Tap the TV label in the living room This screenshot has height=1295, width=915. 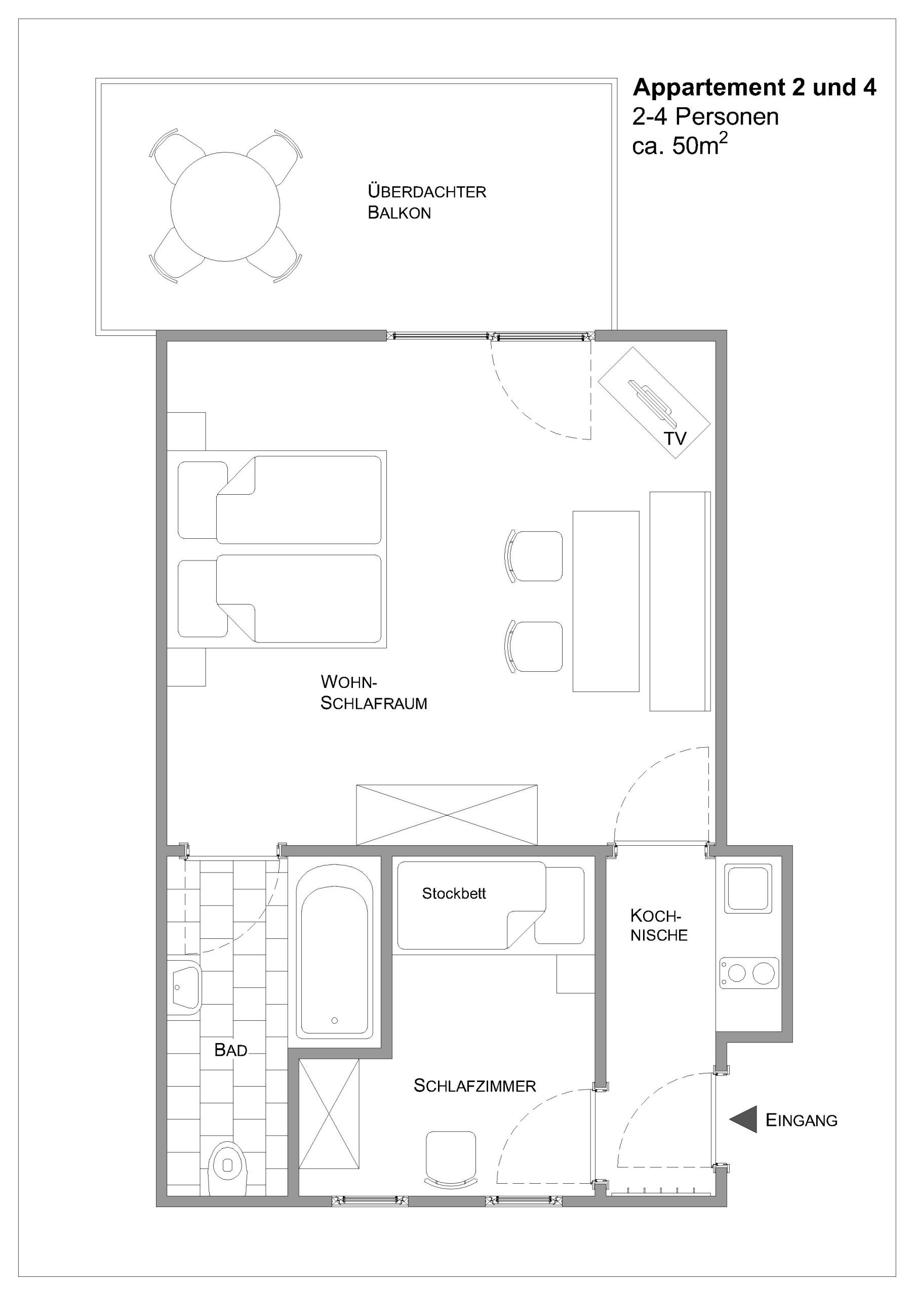tap(675, 438)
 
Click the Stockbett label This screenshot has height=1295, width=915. tap(454, 893)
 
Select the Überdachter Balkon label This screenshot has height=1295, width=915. tap(427, 202)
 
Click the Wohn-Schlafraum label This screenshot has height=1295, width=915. tap(374, 693)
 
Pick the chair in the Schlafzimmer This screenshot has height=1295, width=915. tap(451, 1158)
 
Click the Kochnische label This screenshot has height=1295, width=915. tap(659, 926)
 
